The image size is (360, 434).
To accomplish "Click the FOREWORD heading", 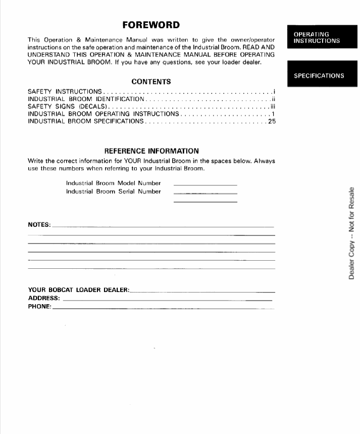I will pos(151,25).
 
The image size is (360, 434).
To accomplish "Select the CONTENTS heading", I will pos(151,81).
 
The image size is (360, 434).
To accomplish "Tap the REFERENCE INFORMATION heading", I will pos(151,151).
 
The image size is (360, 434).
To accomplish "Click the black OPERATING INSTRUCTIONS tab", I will pos(317,37).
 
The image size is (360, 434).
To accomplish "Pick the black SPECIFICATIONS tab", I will pos(319,76).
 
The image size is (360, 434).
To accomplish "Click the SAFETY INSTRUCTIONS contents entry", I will pos(65,92).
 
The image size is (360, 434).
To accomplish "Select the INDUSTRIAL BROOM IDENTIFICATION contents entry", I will pos(86,100).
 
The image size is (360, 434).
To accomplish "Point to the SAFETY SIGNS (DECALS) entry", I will pos(67,107).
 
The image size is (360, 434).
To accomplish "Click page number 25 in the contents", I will pos(272,122).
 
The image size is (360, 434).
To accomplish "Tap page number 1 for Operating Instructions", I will pos(273,114).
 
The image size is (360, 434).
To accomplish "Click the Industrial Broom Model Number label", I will pos(113,183).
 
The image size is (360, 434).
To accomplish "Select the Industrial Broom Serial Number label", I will pos(113,191).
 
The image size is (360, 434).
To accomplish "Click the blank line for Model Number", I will pos(205,185).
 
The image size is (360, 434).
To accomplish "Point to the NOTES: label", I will pos(39,224).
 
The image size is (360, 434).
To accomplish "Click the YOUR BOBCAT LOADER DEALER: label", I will pos(79,290).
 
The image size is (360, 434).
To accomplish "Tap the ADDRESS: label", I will pos(44,298).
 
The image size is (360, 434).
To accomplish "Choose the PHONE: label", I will pos(39,306).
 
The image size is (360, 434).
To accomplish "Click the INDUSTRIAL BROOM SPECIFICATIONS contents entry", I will pos(86,122).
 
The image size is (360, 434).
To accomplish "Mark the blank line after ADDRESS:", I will pos(167,300).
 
